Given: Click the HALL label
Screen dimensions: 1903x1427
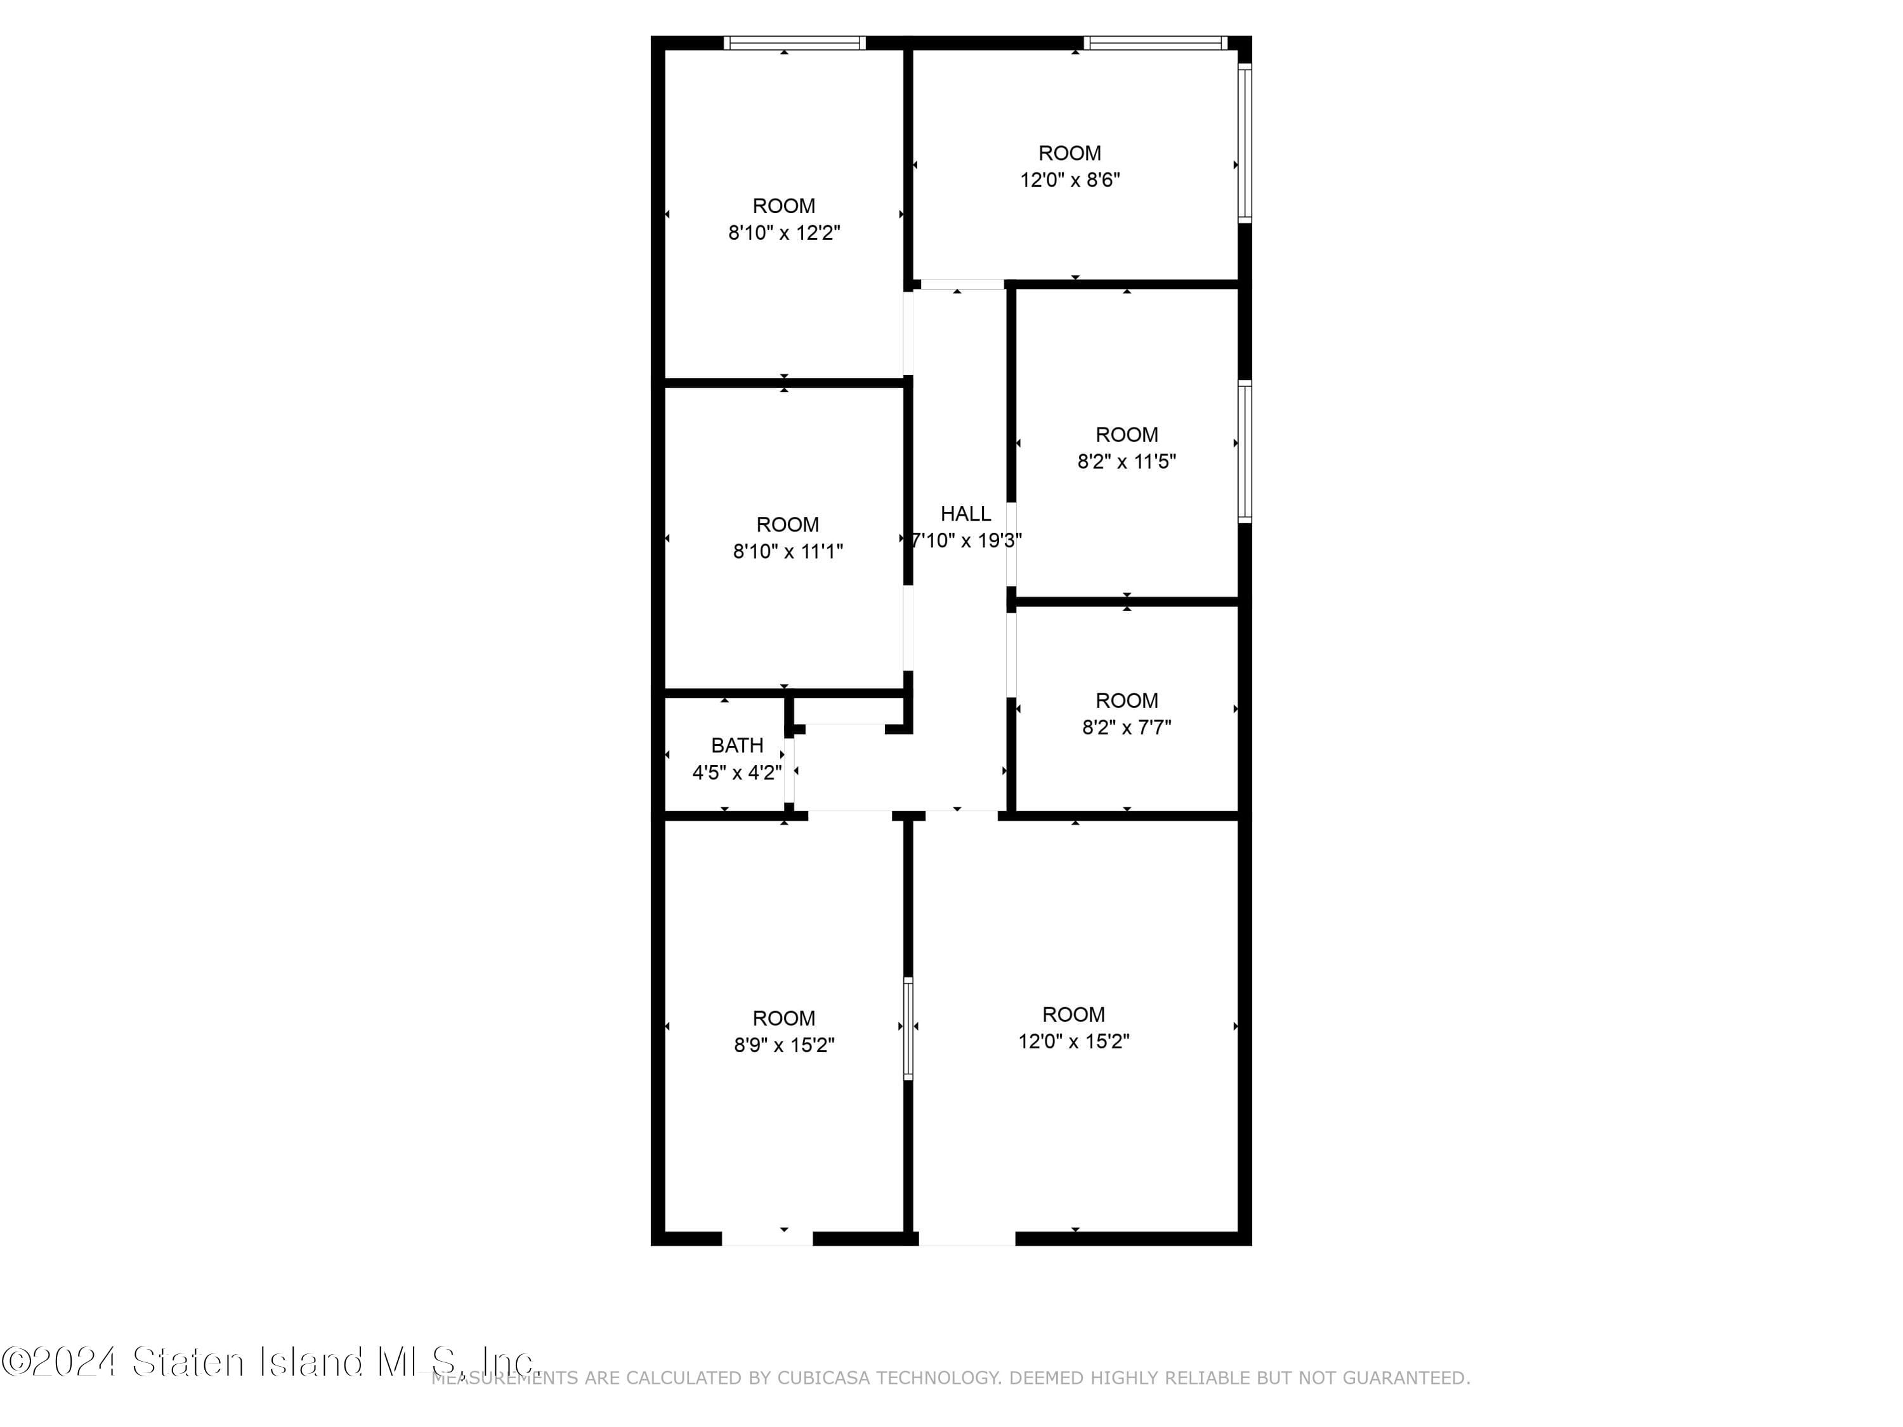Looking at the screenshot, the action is [x=965, y=514].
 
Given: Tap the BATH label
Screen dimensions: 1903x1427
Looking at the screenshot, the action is [x=737, y=745].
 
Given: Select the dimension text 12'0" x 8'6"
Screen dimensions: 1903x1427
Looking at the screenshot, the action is [x=1070, y=179].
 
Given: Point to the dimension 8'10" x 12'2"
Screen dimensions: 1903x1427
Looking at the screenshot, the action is [x=784, y=232].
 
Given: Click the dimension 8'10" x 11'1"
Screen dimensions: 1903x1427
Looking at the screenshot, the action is [x=787, y=551].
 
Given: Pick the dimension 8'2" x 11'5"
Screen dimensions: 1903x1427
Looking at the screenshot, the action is [x=1127, y=461].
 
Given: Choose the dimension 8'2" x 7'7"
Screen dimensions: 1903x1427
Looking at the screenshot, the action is [x=1127, y=727].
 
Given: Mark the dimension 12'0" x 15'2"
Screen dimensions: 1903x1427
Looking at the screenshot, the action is [x=1074, y=1041].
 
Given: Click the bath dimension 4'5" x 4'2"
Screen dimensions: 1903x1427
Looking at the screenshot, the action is [x=737, y=772].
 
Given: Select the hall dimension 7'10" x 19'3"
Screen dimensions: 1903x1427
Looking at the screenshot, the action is [x=966, y=540].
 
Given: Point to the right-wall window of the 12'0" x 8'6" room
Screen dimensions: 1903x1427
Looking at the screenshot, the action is [x=1245, y=143].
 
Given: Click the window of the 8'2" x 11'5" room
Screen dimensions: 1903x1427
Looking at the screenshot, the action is [x=1245, y=452].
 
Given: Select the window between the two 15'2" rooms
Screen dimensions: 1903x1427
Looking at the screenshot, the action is [x=908, y=1028].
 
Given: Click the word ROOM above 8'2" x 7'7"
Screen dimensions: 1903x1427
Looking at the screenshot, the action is [x=1127, y=700].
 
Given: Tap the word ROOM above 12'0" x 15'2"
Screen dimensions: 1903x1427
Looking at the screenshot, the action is [x=1074, y=1014].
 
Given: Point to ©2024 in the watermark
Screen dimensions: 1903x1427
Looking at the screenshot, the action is [x=58, y=1362].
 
